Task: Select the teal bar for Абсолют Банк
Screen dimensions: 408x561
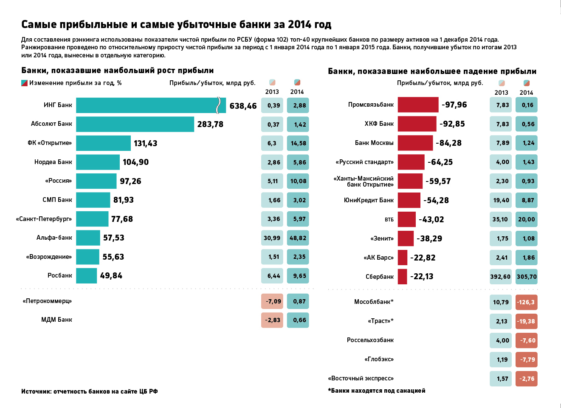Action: tap(135, 124)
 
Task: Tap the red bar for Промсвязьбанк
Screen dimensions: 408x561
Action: tap(418, 105)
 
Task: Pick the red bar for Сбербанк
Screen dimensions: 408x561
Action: tap(402, 276)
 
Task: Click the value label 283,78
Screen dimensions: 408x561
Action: tap(210, 125)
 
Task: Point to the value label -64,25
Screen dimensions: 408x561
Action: tap(440, 162)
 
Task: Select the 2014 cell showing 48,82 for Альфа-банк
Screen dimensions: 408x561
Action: tap(298, 238)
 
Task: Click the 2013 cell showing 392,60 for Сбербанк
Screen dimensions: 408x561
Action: tap(500, 277)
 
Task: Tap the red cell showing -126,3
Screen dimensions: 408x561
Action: tap(526, 302)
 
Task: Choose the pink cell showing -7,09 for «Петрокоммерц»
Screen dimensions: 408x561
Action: tap(272, 301)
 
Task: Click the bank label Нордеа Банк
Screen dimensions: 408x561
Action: tap(53, 162)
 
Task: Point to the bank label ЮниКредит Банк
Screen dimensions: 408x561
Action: tap(369, 200)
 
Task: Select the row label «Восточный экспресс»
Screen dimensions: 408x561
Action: tap(361, 378)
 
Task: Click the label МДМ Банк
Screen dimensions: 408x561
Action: tap(56, 320)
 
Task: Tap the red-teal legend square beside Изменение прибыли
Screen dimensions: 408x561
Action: tap(25, 83)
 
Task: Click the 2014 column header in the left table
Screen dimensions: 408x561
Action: tap(297, 92)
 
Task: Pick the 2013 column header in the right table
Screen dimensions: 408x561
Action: tap(501, 93)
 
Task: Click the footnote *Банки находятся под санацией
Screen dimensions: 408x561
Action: tap(376, 391)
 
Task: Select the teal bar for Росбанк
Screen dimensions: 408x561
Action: tap(87, 276)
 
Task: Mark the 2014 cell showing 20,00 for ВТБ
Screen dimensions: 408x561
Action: tap(527, 219)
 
